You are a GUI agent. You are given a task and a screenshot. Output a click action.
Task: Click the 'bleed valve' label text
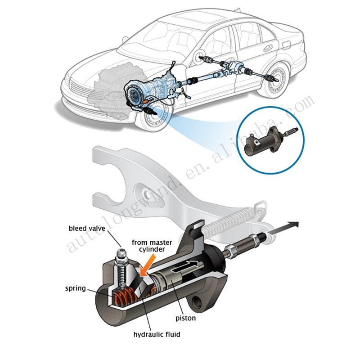(x=87, y=229)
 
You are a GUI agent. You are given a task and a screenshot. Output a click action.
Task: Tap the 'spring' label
(x=75, y=288)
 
